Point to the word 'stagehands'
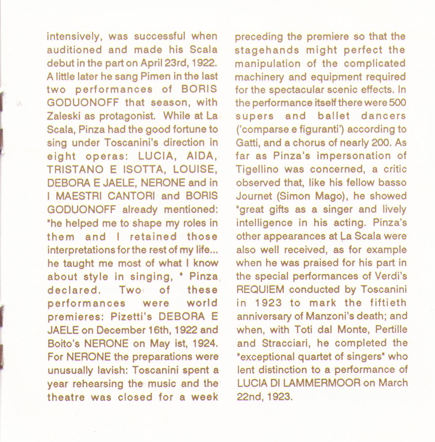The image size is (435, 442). click(x=267, y=50)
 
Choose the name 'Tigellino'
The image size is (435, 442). click(x=257, y=169)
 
